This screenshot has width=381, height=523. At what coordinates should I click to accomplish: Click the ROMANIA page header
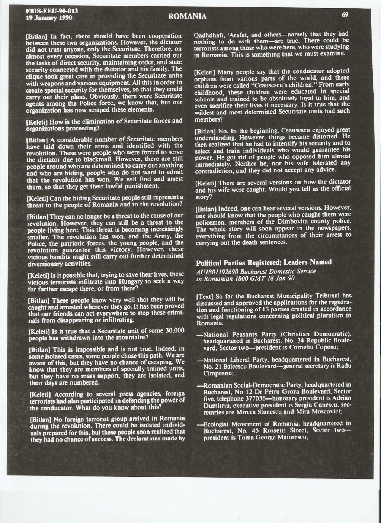click(187, 16)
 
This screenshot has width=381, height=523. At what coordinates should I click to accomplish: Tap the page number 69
click(345, 15)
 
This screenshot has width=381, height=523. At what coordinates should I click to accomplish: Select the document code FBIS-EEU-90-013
click(47, 10)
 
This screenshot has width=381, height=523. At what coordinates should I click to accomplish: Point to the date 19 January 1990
click(47, 17)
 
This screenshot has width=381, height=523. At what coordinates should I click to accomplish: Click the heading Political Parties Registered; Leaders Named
click(264, 262)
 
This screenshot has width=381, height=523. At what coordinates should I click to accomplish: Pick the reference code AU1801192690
click(216, 271)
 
